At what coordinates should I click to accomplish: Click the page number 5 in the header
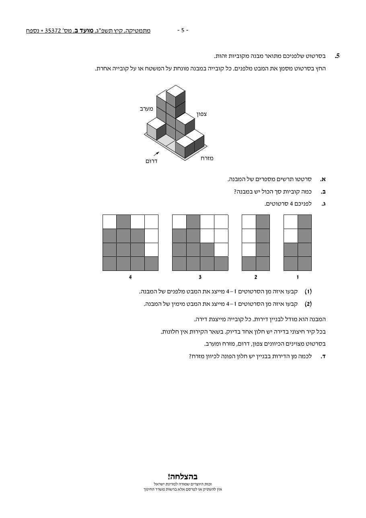pyautogui.click(x=183, y=30)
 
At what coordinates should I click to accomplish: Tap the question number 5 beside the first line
pyautogui.click(x=337, y=56)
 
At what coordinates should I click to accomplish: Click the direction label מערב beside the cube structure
pyautogui.click(x=146, y=109)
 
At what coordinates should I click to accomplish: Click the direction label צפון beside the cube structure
pyautogui.click(x=202, y=114)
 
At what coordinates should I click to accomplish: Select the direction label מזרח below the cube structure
pyautogui.click(x=207, y=159)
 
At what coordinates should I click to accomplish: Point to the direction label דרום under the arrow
pyautogui.click(x=151, y=161)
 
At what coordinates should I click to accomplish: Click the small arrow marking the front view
pyautogui.click(x=156, y=154)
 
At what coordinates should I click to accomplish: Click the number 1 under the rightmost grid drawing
pyautogui.click(x=298, y=277)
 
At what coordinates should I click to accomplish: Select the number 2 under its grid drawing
pyautogui.click(x=256, y=277)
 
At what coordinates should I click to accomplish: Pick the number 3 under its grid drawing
pyautogui.click(x=200, y=277)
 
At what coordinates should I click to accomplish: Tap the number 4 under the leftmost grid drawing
pyautogui.click(x=130, y=277)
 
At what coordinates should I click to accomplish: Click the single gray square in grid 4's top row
pyautogui.click(x=123, y=222)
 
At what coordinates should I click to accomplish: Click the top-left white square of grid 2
pyautogui.click(x=249, y=222)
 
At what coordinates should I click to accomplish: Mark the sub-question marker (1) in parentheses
pyautogui.click(x=308, y=292)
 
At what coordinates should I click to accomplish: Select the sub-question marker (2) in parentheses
pyautogui.click(x=308, y=304)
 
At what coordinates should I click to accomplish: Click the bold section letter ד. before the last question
pyautogui.click(x=323, y=357)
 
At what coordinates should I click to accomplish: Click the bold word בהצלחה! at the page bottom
pyautogui.click(x=183, y=477)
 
